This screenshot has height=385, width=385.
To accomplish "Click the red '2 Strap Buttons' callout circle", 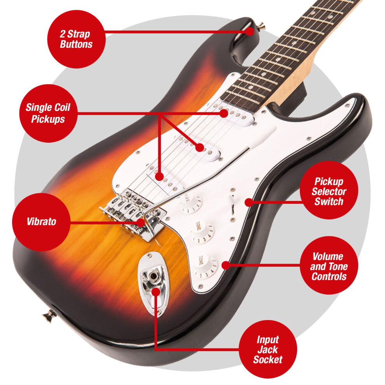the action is pos(76,39).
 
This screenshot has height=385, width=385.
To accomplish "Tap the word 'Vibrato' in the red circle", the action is pos(42,222).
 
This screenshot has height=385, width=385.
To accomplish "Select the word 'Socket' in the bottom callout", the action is pos(268,359).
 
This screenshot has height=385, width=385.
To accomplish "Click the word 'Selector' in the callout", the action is pos(329,191).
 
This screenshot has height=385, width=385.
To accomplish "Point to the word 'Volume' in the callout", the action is pos(328,257).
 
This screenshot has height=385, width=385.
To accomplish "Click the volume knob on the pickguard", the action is pos(190,203).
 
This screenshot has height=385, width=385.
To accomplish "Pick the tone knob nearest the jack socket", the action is pos(206,267).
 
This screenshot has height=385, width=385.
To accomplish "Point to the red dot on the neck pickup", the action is pos(224,113).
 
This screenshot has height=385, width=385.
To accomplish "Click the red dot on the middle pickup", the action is pos(199,148).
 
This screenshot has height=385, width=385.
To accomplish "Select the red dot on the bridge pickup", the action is pos(159,177).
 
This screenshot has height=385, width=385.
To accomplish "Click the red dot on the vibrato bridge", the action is pos(140,223).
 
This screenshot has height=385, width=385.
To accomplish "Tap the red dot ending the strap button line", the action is pos(250,31).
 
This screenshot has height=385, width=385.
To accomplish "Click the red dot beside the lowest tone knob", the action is pos(225,265).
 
